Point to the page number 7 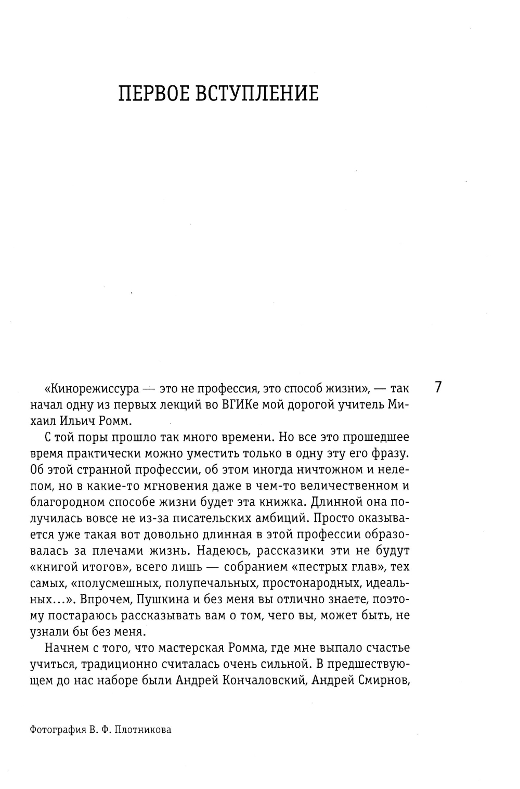click(x=438, y=388)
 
